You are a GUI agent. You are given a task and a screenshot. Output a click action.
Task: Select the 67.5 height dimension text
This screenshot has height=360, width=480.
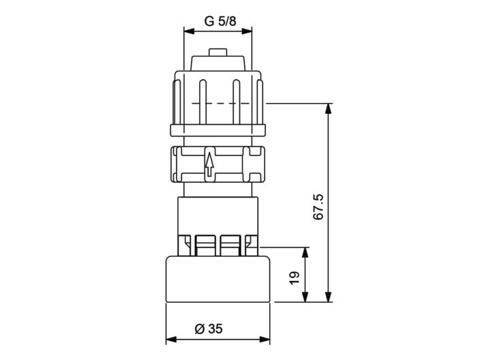click(x=318, y=206)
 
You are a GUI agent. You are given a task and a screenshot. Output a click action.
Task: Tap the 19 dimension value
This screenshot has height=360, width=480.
click(x=294, y=277)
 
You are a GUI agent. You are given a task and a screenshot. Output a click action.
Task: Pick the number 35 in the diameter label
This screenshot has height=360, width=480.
click(x=215, y=329)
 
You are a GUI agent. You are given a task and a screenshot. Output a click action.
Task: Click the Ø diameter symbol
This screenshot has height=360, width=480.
click(x=199, y=329)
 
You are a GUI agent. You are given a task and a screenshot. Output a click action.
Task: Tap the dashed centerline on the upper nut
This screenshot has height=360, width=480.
click(x=218, y=103)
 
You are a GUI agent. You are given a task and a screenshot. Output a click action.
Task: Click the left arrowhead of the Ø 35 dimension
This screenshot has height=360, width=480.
click(x=171, y=339)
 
